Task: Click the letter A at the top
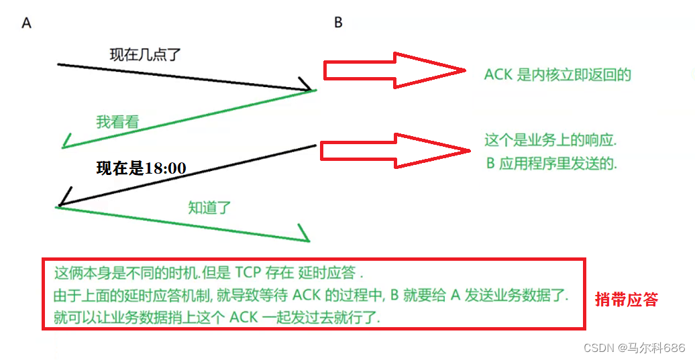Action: click(27, 23)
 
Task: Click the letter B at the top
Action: click(338, 23)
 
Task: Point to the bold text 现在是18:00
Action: click(141, 168)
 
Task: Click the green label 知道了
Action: click(209, 207)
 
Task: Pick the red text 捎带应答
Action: click(627, 300)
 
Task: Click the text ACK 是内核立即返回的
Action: click(557, 74)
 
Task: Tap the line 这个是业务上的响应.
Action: click(550, 141)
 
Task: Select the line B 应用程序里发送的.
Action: click(550, 164)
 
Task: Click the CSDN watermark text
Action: click(634, 347)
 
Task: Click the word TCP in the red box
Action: click(250, 274)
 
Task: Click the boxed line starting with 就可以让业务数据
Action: click(217, 316)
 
